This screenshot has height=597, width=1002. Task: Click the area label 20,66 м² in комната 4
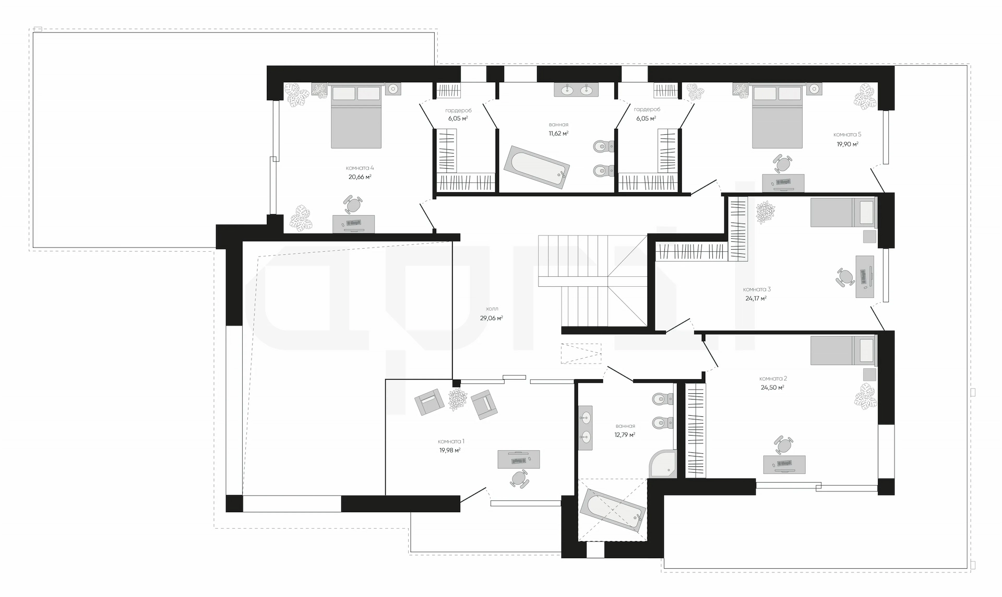pos(360,177)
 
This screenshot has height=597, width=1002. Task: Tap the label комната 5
pos(847,135)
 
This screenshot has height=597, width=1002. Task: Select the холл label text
pos(491,309)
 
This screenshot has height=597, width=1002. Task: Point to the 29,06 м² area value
pos(492,318)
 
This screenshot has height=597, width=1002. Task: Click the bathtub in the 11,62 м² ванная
pos(536,170)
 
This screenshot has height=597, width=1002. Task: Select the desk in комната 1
pos(518,459)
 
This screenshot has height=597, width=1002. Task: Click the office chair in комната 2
pos(783,446)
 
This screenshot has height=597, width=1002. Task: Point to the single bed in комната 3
pos(843,212)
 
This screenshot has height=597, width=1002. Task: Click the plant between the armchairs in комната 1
pos(458,400)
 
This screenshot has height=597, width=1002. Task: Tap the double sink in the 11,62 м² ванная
pos(576,90)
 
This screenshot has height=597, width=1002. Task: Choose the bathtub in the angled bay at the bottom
pos(613,510)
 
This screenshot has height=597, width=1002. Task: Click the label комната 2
pos(773,379)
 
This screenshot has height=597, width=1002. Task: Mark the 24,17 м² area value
pos(756,299)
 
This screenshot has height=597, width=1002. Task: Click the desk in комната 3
pos(865,276)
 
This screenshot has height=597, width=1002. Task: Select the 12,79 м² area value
pos(625,435)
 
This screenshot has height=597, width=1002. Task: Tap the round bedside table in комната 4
pos(393,89)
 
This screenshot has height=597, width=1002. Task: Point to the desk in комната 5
pos(783,183)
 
